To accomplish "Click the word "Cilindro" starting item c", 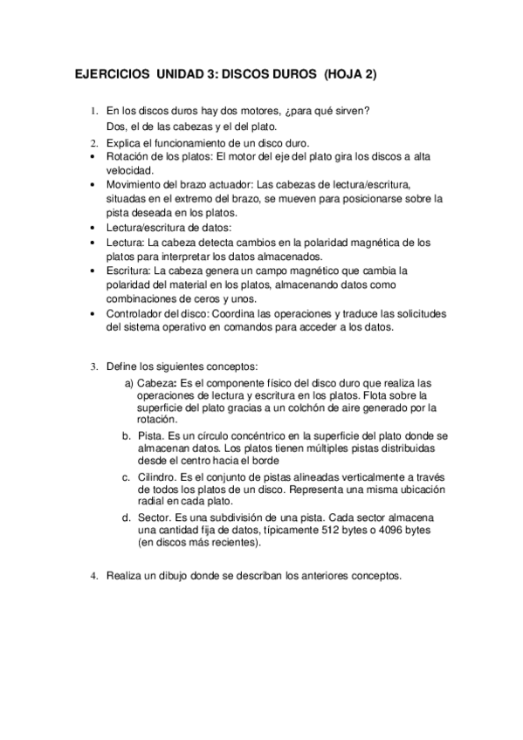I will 158,476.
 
